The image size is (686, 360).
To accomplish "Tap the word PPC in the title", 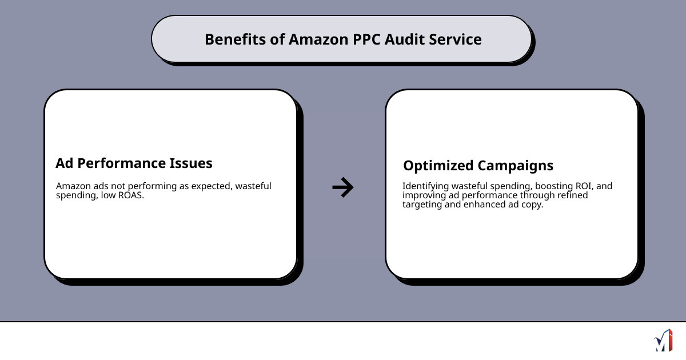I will pyautogui.click(x=364, y=39).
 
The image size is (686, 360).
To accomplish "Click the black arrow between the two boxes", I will pyautogui.click(x=343, y=187).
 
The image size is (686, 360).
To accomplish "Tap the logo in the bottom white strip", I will pyautogui.click(x=663, y=341).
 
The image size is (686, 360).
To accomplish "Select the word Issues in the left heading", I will pyautogui.click(x=190, y=163).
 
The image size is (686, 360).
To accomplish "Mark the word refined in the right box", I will pyautogui.click(x=572, y=195).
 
